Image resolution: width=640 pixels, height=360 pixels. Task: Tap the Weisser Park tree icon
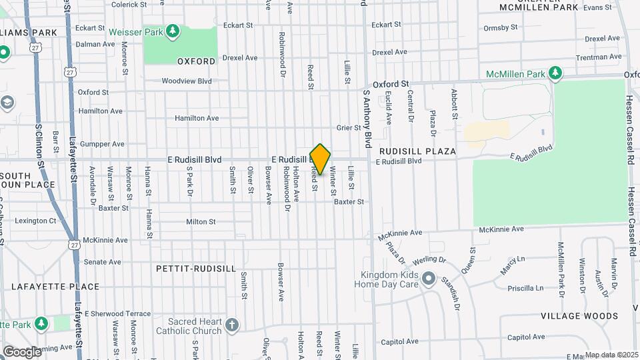[x=173, y=31]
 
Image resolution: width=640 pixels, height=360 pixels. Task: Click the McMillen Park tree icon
[x=554, y=72]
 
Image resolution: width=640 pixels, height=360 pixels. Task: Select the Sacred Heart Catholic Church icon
[x=231, y=325]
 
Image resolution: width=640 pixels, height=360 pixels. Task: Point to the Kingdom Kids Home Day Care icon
[x=429, y=279]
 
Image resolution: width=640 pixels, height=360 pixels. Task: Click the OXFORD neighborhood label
[x=196, y=61]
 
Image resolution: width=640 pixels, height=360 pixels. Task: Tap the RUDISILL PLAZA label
[x=417, y=151]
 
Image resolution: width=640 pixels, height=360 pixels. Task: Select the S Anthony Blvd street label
[x=367, y=120]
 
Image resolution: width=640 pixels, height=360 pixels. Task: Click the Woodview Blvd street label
[x=186, y=81]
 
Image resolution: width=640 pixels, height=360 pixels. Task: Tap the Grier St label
[x=348, y=127]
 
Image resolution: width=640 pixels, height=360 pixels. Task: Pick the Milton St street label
[x=201, y=221]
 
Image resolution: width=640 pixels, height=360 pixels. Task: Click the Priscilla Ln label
[x=525, y=288]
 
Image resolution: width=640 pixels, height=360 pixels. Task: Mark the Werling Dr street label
[x=428, y=259]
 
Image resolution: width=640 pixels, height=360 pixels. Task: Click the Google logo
[x=21, y=351]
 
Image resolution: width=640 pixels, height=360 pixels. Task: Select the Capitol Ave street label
[x=399, y=341]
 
